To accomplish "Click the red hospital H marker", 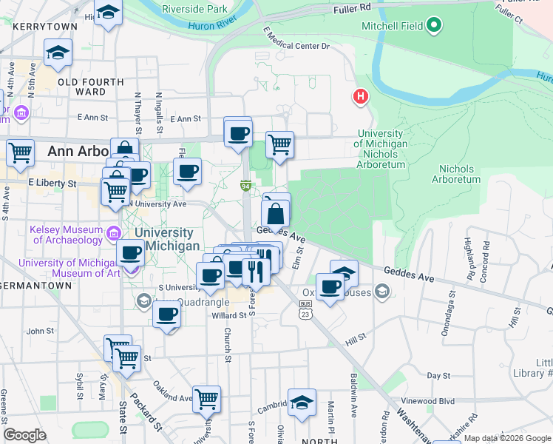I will (x=360, y=97).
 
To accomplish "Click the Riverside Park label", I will (x=194, y=10).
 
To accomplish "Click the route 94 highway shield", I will (x=245, y=185).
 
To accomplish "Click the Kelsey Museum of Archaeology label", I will (x=67, y=234).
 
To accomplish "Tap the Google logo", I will (x=24, y=435).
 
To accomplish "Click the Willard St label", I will (x=208, y=314).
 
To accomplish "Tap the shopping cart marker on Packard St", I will (x=126, y=358).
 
